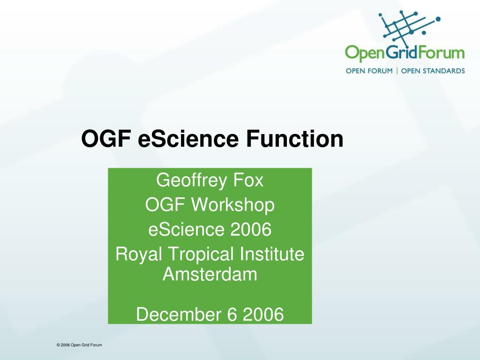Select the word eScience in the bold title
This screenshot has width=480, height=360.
[x=188, y=139]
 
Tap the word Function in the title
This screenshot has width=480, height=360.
[x=294, y=139]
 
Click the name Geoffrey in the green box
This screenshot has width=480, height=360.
[x=191, y=180]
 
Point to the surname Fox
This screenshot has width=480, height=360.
[x=248, y=180]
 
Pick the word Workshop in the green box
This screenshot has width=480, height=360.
[x=233, y=205]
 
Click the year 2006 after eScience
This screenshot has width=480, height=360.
[x=251, y=230]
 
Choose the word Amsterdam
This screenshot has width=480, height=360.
[x=210, y=274]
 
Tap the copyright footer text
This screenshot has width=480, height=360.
[x=79, y=345]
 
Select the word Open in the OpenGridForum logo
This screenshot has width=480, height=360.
[x=364, y=53]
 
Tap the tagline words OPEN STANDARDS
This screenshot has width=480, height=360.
[x=433, y=71]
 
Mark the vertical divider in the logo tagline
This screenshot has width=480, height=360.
[x=397, y=71]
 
